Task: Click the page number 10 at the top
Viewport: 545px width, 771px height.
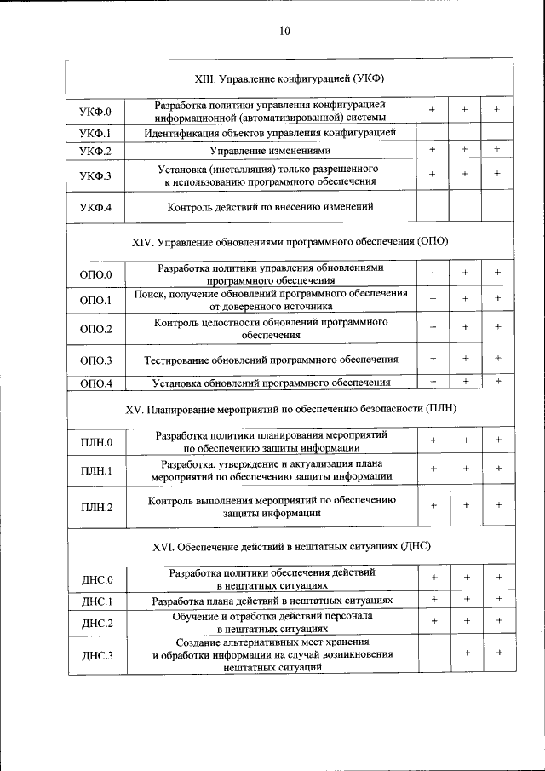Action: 284,32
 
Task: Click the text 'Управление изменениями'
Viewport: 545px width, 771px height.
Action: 270,151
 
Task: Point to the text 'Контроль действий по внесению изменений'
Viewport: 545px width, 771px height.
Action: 270,207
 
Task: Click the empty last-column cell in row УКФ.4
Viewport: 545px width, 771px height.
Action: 497,207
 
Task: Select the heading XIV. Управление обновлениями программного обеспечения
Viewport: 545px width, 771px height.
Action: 290,241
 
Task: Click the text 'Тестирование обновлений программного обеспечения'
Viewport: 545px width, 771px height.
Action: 271,360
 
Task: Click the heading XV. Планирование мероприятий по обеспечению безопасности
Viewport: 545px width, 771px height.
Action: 290,409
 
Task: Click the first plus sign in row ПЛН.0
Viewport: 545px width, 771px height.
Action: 433,440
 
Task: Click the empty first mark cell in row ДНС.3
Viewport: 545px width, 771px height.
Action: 433,654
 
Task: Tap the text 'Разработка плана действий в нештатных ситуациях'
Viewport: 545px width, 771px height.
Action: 271,601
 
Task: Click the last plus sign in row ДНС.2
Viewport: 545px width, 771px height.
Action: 498,621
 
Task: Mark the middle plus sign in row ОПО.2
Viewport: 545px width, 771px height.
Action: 465,327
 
